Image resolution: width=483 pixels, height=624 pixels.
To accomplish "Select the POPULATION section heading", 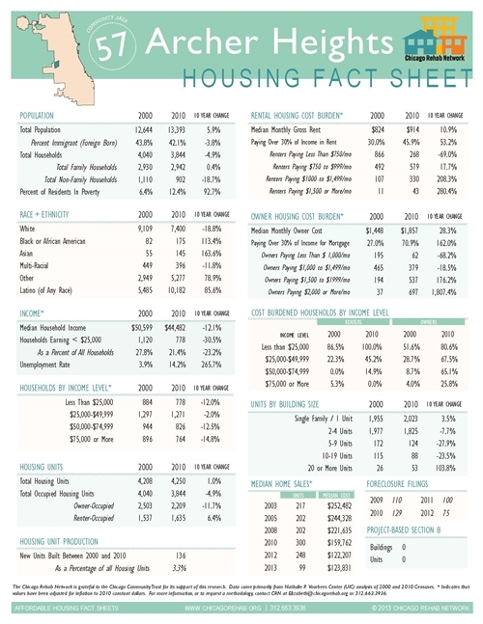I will tap(42, 114).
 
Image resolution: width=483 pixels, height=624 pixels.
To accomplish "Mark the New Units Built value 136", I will tap(178, 557).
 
